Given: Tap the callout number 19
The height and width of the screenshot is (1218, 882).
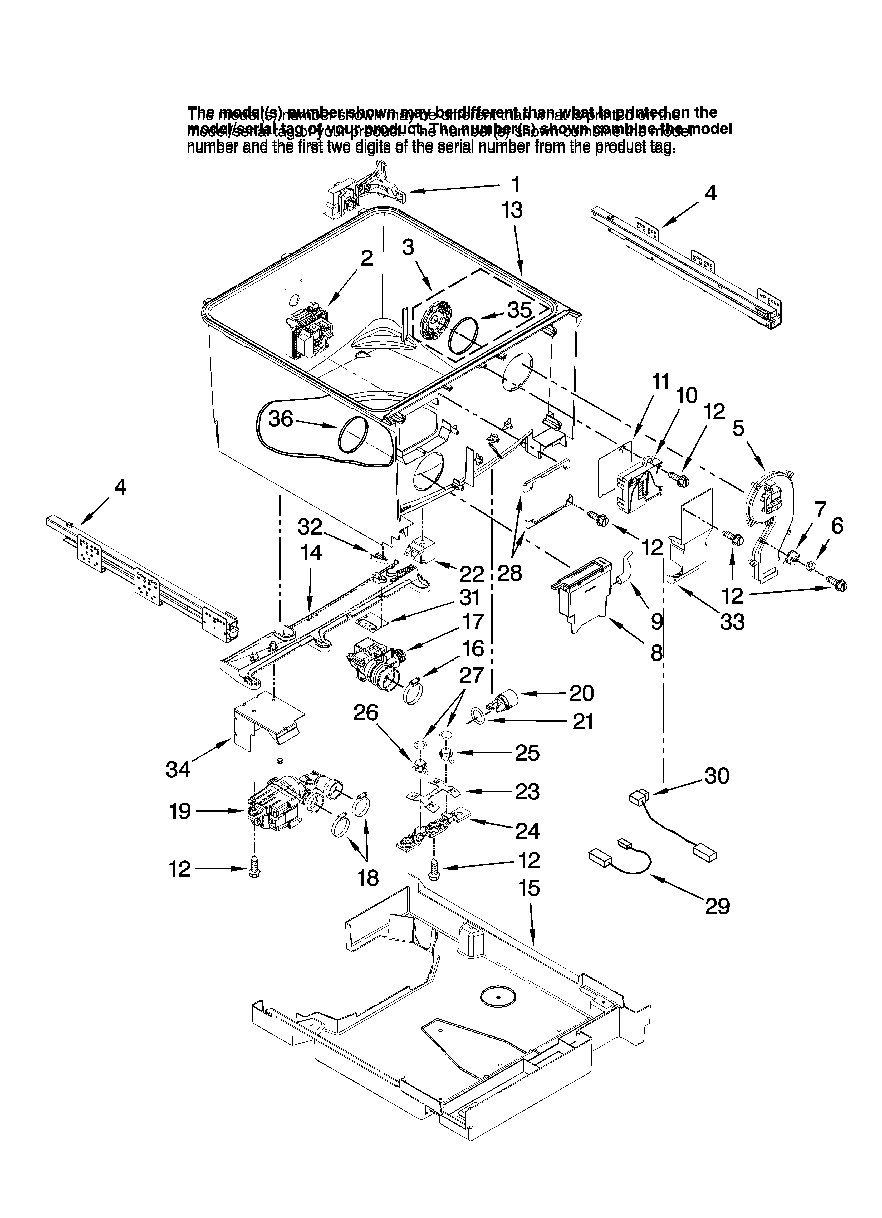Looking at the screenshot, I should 180,811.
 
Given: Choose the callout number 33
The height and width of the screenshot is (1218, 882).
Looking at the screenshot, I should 732,622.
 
